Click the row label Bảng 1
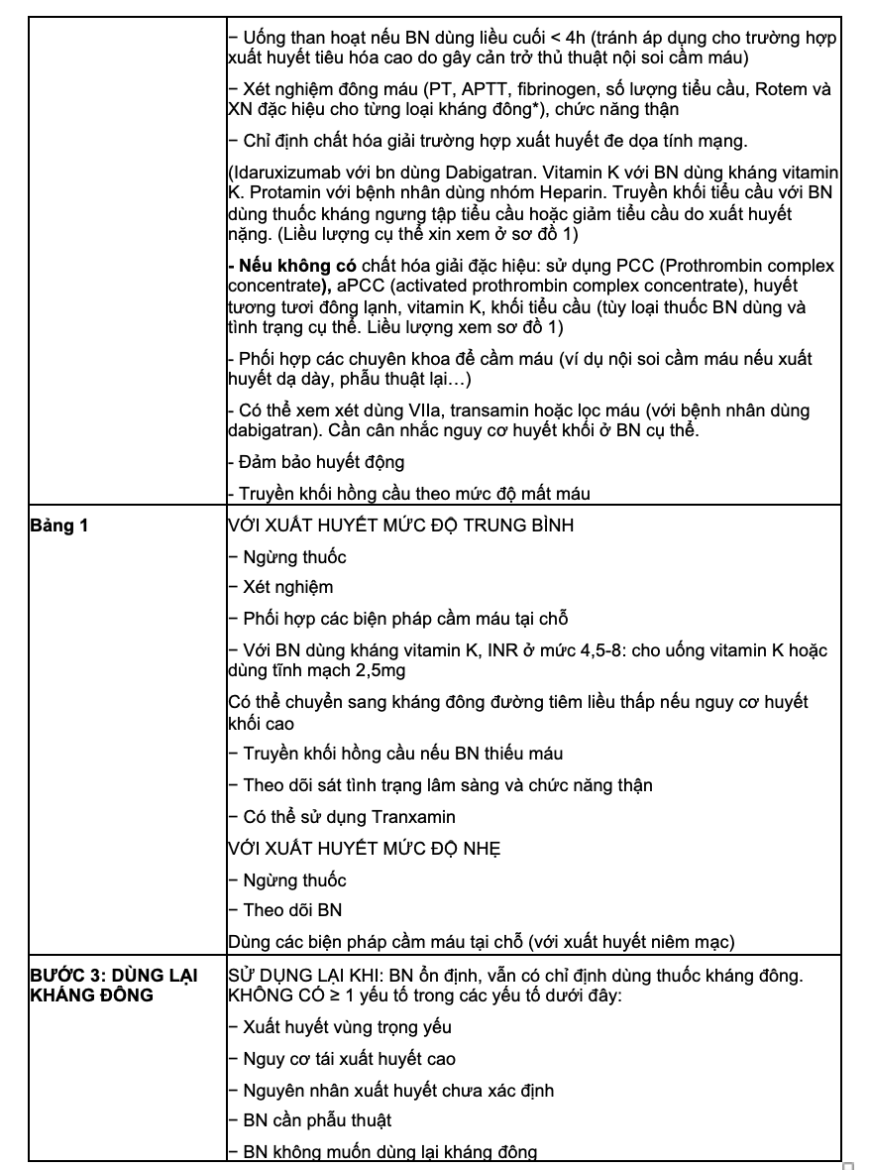(x=58, y=526)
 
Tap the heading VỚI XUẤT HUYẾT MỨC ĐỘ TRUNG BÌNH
(x=400, y=526)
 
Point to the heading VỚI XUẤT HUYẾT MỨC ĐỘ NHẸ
(x=364, y=849)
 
